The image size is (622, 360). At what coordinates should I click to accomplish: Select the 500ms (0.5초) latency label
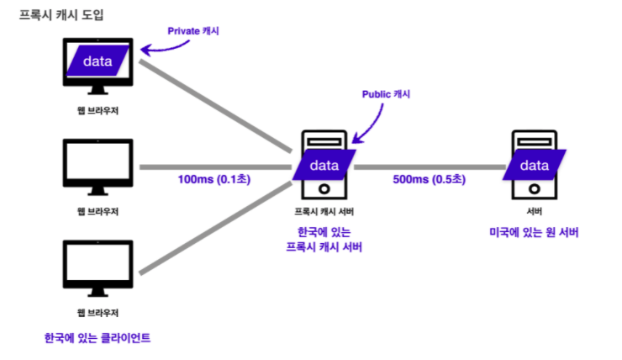429,179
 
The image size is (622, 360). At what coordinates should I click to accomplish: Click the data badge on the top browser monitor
98,61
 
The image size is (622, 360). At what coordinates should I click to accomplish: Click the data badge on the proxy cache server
324,165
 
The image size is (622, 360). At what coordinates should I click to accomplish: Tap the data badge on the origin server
535,165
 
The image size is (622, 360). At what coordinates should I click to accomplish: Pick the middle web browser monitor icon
98,165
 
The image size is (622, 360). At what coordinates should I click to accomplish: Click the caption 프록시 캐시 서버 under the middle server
324,211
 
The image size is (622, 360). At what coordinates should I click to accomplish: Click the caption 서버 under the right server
535,211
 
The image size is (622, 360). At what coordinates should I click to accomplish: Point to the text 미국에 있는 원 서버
535,231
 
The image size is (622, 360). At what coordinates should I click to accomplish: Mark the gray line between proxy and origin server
429,167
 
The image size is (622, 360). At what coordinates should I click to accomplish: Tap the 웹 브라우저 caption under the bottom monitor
98,313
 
